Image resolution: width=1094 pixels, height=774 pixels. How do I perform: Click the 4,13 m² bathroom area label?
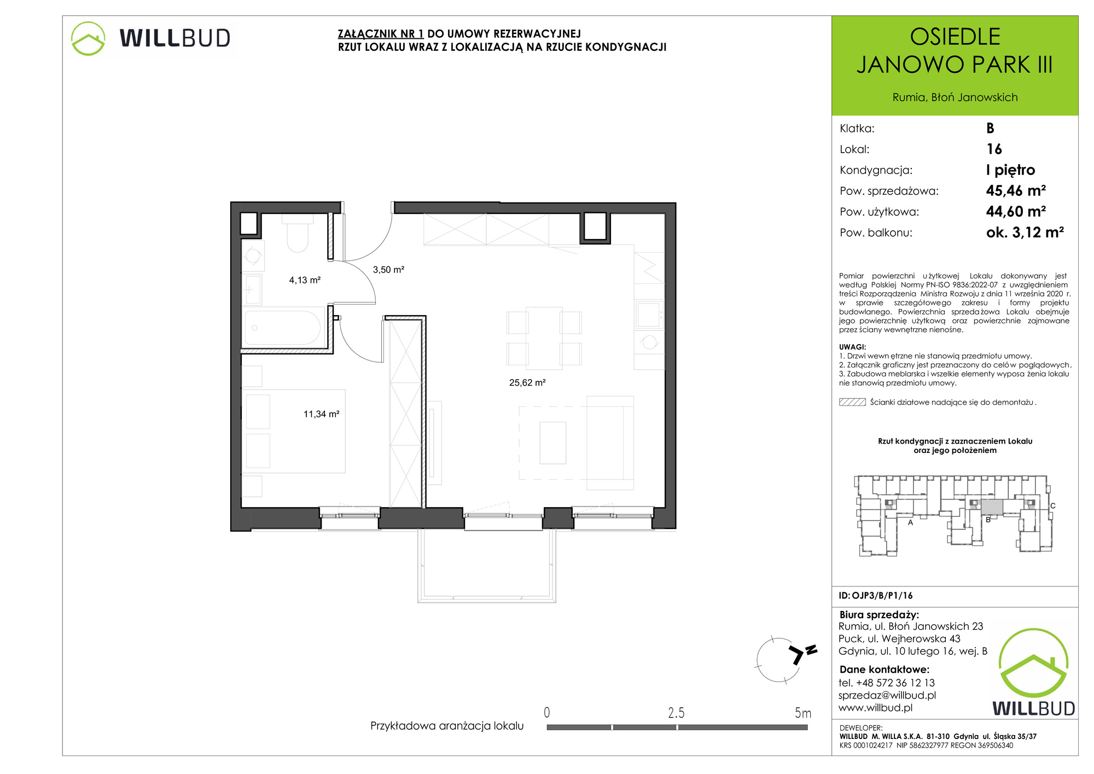coord(305,280)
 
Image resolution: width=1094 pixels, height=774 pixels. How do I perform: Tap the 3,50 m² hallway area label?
coord(388,270)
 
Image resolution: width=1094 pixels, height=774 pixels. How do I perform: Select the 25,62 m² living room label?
coord(527,383)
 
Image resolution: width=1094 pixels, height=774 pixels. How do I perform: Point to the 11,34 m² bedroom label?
coord(322,414)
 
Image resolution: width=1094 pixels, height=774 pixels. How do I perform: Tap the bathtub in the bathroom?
coord(282,327)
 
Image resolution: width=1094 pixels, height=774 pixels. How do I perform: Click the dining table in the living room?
coord(544,338)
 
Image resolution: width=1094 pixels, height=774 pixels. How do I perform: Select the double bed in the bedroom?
coord(294,431)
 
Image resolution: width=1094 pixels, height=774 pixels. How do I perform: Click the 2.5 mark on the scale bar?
coord(676,713)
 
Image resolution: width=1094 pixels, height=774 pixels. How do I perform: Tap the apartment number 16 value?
coord(994,149)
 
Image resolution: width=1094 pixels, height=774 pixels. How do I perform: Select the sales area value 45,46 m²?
coord(1016,190)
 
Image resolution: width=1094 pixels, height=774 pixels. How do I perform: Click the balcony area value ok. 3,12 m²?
coord(1025,232)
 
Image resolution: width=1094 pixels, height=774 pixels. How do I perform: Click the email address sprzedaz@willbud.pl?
coord(887,695)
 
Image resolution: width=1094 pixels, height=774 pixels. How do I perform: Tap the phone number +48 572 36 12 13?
coord(895,683)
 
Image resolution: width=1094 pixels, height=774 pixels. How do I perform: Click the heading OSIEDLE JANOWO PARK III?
coord(955,51)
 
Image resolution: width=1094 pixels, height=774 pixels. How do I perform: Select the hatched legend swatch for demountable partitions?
coord(852,402)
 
